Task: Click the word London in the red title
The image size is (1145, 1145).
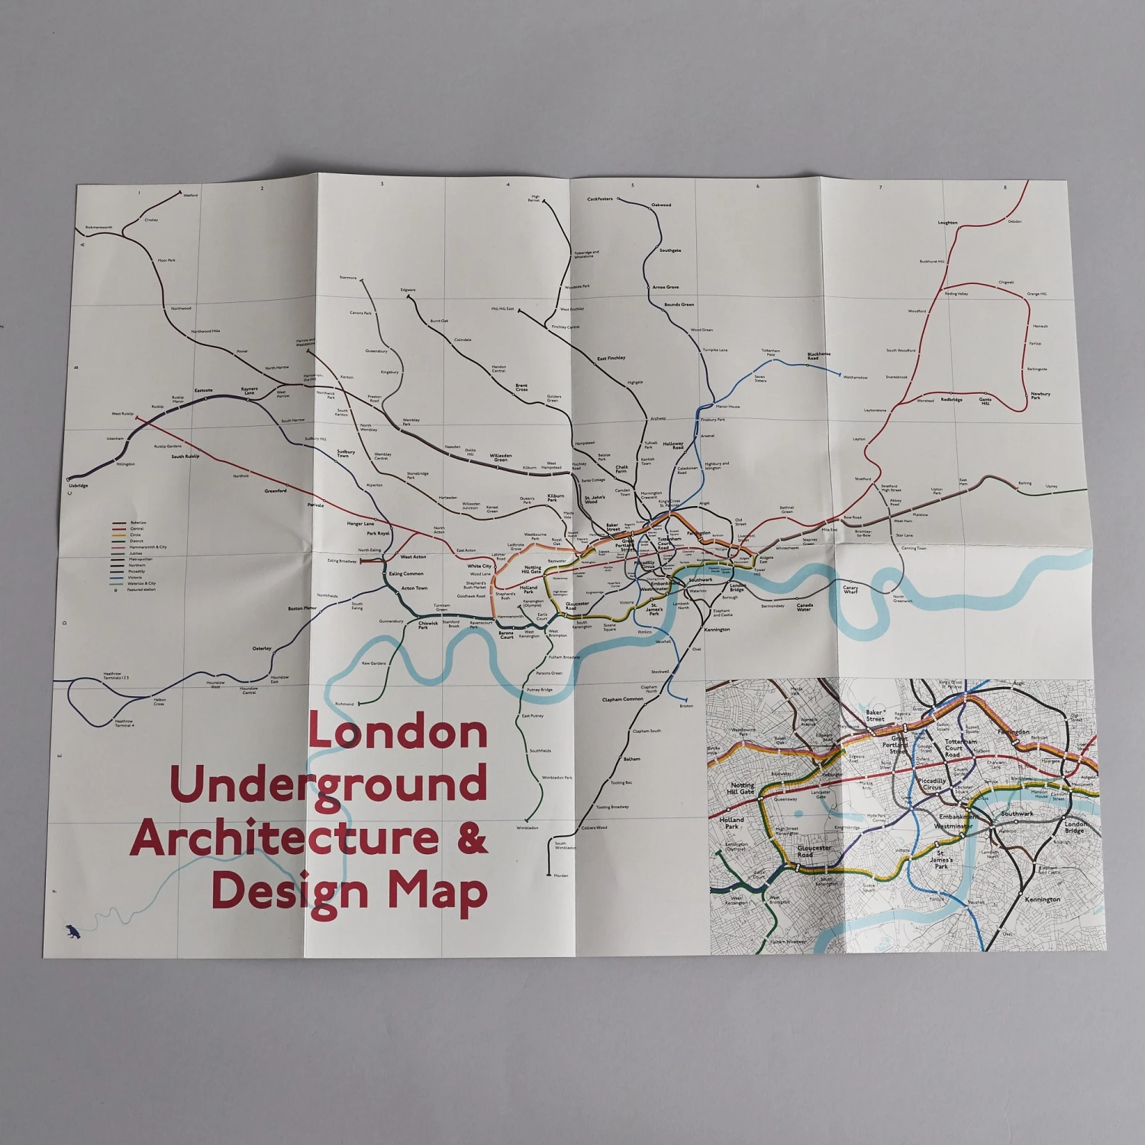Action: pos(398,731)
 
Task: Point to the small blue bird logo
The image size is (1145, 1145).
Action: pos(73,931)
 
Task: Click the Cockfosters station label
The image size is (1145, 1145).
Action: pos(600,199)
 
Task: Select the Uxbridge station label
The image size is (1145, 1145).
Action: pos(78,485)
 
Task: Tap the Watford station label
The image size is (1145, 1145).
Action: pos(190,195)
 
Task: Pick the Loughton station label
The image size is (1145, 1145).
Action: pos(947,223)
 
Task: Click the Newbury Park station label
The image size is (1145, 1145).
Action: pos(1040,395)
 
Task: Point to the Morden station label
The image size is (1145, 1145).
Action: pos(561,876)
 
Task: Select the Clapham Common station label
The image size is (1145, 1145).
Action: pos(622,699)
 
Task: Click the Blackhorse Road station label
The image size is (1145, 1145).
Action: pos(818,356)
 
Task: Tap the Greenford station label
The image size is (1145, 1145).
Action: pos(276,491)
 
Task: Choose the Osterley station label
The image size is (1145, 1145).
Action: pos(262,648)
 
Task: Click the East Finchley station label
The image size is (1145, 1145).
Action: pos(611,358)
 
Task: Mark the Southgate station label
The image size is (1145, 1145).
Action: pos(670,250)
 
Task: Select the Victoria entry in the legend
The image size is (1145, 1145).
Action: pos(136,577)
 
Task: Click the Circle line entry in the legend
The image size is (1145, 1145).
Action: pos(135,534)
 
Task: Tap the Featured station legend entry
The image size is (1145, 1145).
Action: pos(140,589)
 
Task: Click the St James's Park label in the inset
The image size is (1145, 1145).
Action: pos(941,860)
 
